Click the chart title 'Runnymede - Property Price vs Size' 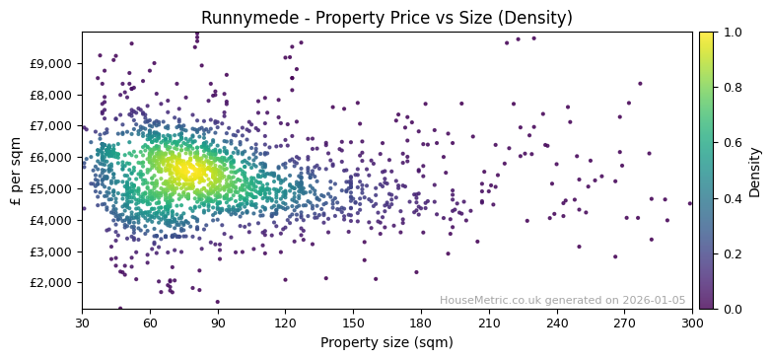(x=386, y=18)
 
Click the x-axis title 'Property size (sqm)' (x=386, y=343)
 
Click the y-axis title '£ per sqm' (x=16, y=170)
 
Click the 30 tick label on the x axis (x=82, y=323)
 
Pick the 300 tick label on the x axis (x=692, y=323)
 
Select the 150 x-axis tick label (x=353, y=323)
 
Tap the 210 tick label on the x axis (x=489, y=323)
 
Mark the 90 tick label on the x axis (x=218, y=323)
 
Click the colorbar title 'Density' (x=755, y=170)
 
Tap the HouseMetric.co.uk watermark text (x=562, y=301)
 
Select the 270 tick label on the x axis (x=624, y=323)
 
